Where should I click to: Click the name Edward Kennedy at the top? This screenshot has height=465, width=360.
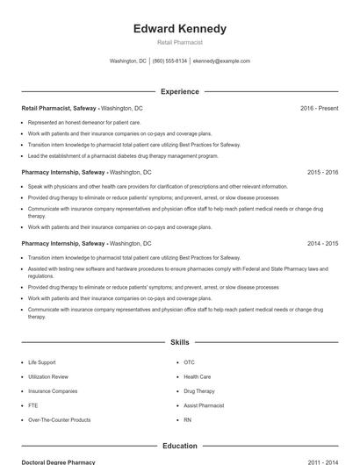point(179,28)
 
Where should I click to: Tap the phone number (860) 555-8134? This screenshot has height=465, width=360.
point(169,61)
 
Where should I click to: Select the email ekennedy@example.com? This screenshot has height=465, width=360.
point(221,61)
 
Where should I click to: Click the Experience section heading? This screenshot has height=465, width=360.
point(179,91)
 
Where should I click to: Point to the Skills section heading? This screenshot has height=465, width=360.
point(179,341)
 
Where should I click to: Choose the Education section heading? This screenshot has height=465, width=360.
point(179,446)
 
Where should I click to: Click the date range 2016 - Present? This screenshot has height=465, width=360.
point(319,108)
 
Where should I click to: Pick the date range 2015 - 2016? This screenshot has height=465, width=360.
point(322,173)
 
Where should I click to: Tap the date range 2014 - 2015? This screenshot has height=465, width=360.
point(322,243)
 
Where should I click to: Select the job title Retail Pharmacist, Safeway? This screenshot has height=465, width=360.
point(59,108)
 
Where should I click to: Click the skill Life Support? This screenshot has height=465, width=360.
point(41,362)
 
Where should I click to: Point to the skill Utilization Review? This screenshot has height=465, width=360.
point(47,376)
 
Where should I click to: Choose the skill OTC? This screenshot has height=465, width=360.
point(189,362)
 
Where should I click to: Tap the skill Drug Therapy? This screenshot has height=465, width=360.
point(198,391)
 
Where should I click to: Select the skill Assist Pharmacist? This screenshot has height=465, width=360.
point(204,405)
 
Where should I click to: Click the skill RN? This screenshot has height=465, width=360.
point(187,420)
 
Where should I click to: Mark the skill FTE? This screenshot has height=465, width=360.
point(32,405)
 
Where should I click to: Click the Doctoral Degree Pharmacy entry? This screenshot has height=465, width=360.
point(58,461)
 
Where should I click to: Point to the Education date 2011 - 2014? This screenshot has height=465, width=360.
point(322,461)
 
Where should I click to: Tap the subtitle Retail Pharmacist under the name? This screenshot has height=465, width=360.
point(179,42)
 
